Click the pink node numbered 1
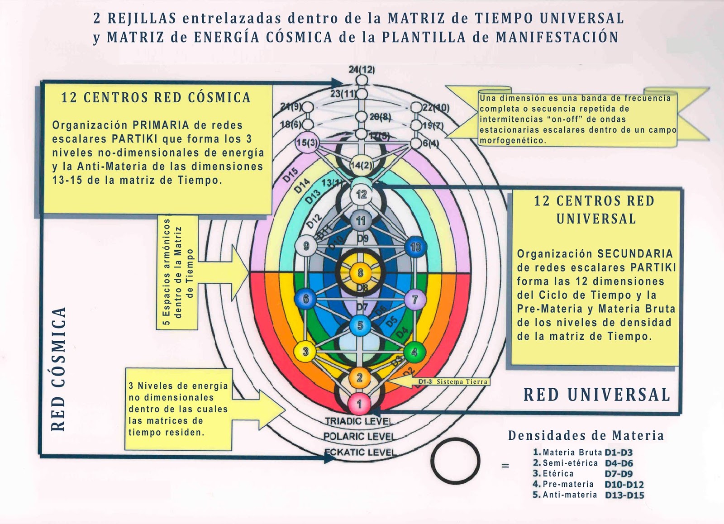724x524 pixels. point(360,403)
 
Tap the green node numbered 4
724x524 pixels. point(414,352)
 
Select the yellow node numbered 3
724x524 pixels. point(305,352)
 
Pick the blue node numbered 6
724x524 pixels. point(306,299)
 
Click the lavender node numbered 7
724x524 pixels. point(414,299)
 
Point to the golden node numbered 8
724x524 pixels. point(360,273)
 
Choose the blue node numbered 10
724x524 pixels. point(415,247)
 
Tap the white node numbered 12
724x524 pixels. point(361,195)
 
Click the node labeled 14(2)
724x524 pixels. point(361,166)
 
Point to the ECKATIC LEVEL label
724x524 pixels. point(360,452)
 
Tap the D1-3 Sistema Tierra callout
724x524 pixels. point(452,382)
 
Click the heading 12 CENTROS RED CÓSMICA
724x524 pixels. point(156,97)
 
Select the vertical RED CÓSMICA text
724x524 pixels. point(59,369)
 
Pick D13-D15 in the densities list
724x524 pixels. point(624,495)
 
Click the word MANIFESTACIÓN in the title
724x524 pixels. point(557,37)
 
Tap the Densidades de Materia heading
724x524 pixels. point(586,436)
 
